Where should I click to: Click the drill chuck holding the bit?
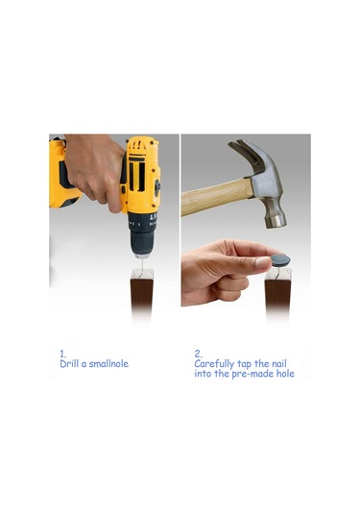click(142, 235)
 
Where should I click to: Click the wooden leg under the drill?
click(142, 294)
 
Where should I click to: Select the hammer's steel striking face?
click(276, 221)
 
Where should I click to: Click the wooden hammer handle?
click(217, 197)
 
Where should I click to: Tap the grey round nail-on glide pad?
click(280, 260)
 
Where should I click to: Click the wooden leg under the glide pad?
click(277, 292)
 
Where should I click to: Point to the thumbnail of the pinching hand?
click(263, 262)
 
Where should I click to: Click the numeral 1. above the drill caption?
click(62, 354)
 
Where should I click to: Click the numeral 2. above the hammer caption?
click(198, 354)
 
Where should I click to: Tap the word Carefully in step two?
click(214, 364)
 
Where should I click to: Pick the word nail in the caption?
click(279, 363)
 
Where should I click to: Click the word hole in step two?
click(285, 374)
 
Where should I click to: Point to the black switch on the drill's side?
click(157, 186)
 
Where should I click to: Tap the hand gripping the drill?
click(92, 170)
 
